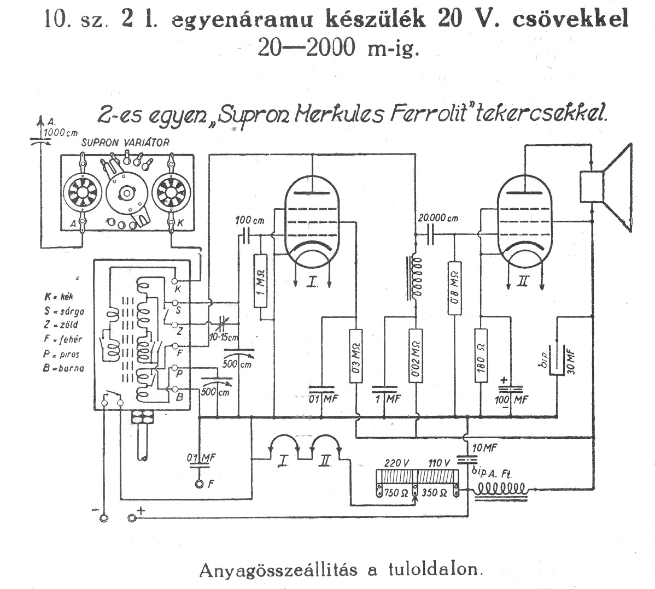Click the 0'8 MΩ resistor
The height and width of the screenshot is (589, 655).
click(x=454, y=287)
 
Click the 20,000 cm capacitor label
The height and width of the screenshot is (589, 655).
click(x=438, y=217)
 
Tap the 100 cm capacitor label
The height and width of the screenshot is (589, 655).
click(x=250, y=220)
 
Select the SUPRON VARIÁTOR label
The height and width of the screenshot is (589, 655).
click(x=125, y=142)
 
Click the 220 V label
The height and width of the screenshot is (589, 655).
click(x=397, y=462)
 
